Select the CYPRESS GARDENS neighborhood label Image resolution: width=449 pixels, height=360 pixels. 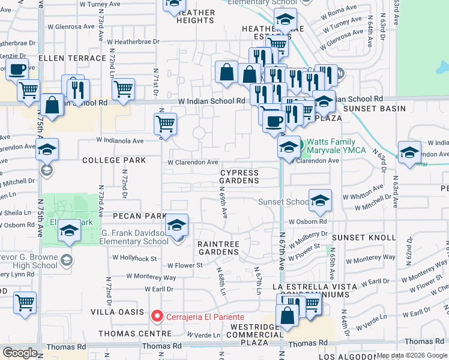pos(239,176)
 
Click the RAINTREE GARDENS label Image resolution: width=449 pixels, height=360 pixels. pos(218,248)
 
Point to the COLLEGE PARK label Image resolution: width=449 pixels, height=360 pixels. pos(114,161)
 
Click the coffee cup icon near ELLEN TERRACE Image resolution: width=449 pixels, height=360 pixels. pos(17,69)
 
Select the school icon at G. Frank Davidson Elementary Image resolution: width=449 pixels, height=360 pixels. pos(176,226)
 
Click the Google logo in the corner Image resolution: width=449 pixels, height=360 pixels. pos(20,353)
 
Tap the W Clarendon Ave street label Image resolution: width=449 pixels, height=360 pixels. pos(193,163)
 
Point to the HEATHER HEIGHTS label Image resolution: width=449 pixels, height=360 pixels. pos(196,16)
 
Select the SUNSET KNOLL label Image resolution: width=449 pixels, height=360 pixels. pos(364,238)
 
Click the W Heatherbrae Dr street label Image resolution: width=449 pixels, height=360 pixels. pos(133,42)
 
